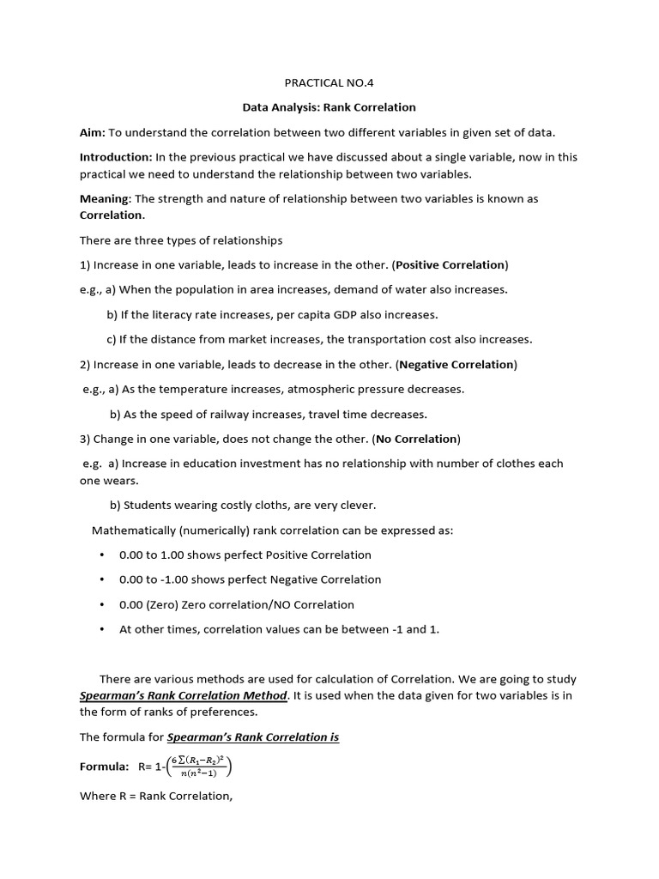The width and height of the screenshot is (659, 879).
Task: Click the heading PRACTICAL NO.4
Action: coord(329,83)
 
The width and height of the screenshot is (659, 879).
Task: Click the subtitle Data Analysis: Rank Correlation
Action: coord(329,107)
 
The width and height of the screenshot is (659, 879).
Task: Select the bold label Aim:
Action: coord(93,132)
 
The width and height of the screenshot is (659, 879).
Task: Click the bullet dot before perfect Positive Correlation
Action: coord(102,555)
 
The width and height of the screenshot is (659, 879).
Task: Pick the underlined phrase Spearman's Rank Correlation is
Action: coord(253,737)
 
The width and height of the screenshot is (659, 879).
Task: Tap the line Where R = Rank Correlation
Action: coord(156,796)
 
